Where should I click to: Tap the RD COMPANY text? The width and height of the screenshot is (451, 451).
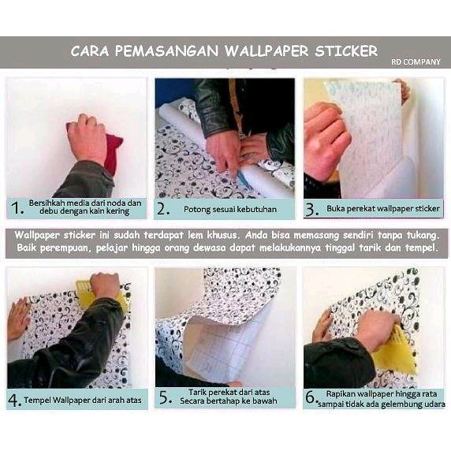(416, 61)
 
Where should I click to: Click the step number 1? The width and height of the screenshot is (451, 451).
(15, 209)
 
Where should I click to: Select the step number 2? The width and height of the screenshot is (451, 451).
(163, 209)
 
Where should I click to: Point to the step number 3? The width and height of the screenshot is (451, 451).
(311, 209)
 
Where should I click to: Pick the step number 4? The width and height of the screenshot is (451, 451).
(14, 400)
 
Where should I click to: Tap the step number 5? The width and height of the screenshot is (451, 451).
(164, 398)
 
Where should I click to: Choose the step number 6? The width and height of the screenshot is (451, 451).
(311, 398)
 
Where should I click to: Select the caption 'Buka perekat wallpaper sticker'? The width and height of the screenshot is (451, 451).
(382, 210)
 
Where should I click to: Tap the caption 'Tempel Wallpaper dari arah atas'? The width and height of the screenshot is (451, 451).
(83, 400)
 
